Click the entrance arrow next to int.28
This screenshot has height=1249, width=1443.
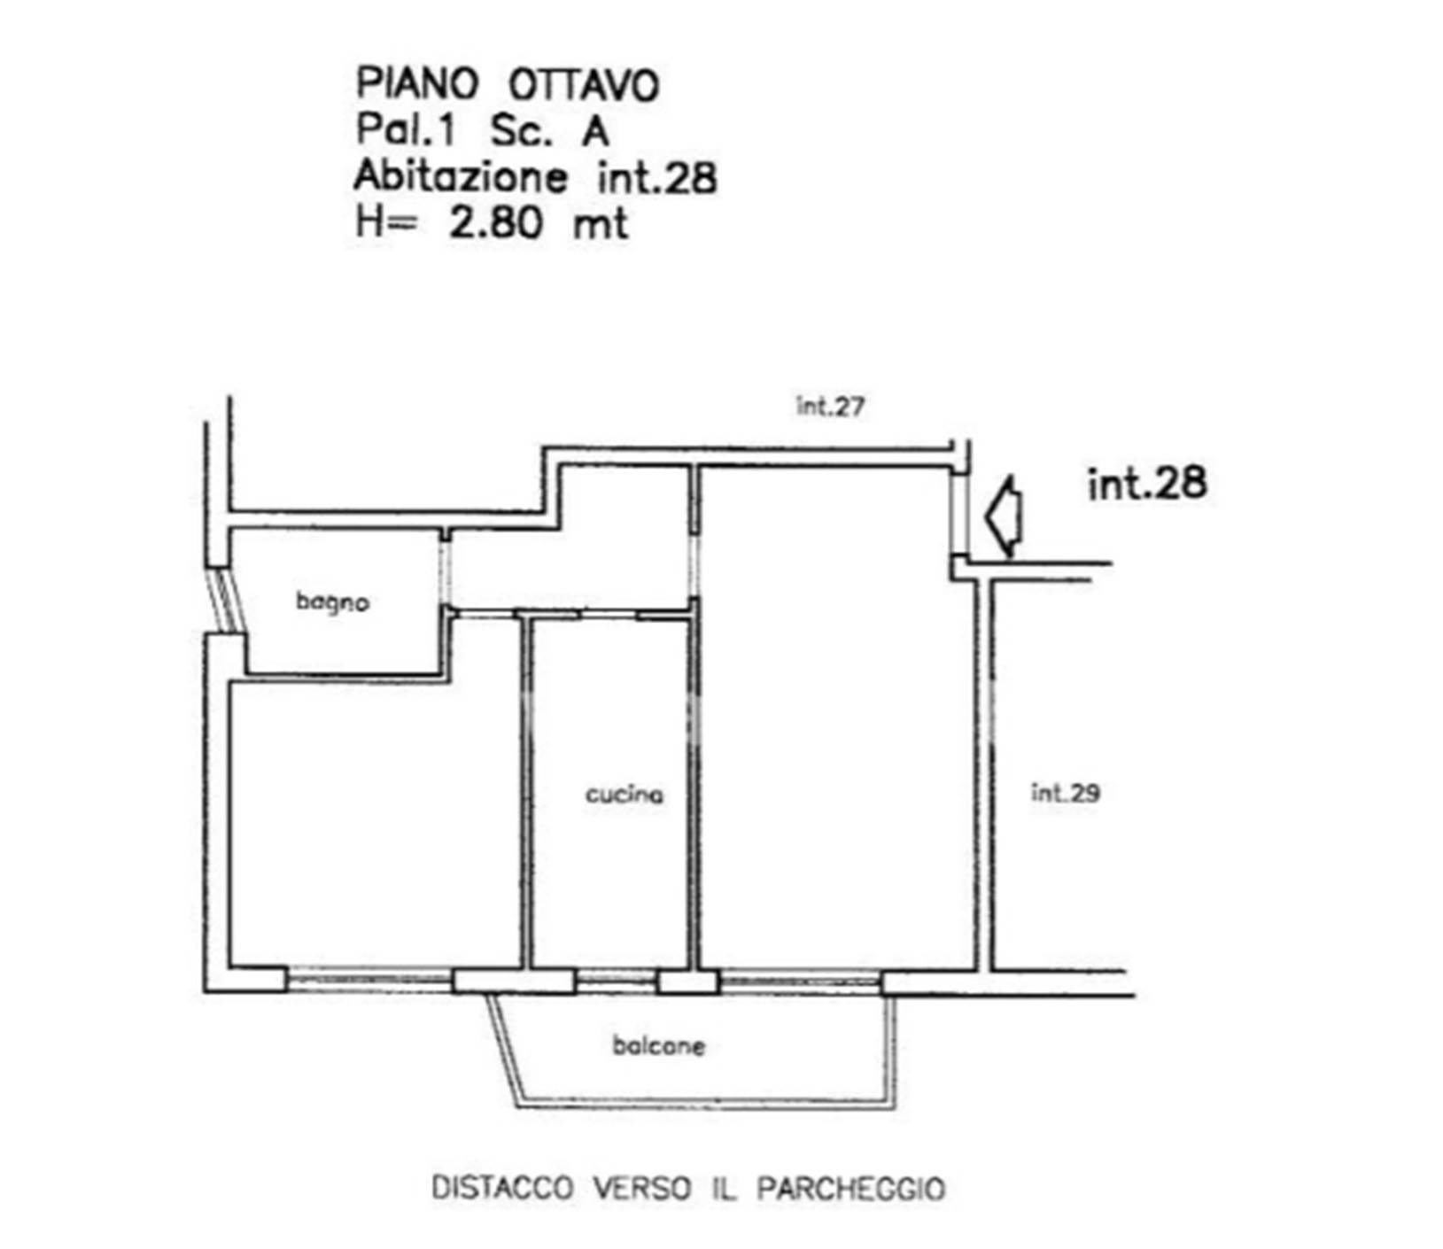pos(1005,517)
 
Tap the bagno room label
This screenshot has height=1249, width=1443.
pos(332,603)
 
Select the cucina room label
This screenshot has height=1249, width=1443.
pos(625,795)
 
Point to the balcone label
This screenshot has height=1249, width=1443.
pos(659,1046)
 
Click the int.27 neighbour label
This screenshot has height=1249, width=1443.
pos(830,407)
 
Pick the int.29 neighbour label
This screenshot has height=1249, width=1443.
pos(1066,793)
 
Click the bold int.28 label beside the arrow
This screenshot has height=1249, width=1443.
pos(1147,484)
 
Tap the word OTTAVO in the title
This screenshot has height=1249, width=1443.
pos(584,85)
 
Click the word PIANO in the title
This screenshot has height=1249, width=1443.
pos(417,84)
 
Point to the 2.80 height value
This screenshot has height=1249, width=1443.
pos(496,221)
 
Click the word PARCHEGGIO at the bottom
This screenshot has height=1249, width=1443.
pos(851,1188)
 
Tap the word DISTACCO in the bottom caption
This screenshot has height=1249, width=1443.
pos(502,1188)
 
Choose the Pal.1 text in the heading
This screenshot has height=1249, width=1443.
pos(406,130)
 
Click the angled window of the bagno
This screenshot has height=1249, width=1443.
pos(227,601)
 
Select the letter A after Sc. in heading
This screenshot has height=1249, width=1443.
pos(595,131)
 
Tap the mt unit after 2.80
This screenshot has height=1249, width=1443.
pos(601,223)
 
